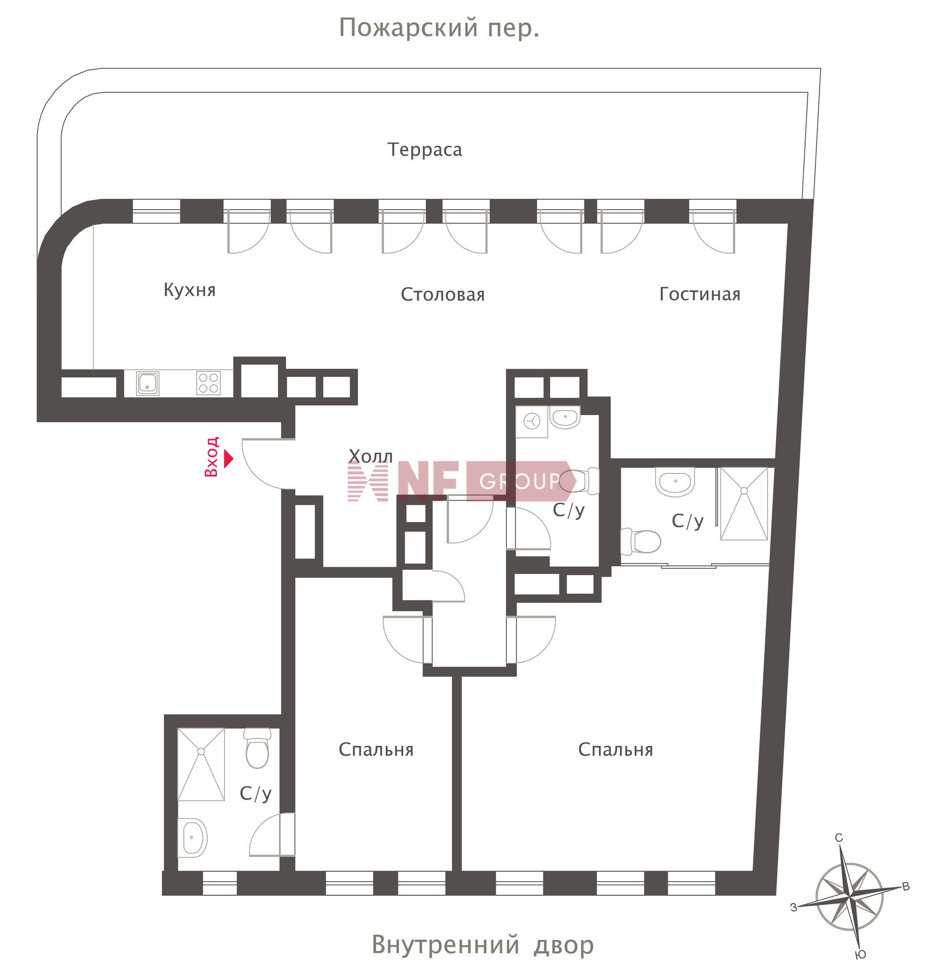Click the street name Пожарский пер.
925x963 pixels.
[x=439, y=28]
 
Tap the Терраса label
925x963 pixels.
[x=425, y=150]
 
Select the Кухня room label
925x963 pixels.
[x=190, y=290]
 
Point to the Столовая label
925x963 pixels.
[x=443, y=295]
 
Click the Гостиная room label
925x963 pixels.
[x=700, y=294]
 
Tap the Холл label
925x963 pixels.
[x=371, y=456]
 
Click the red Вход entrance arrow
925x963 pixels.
[x=228, y=459]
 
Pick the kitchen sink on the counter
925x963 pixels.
[x=147, y=383]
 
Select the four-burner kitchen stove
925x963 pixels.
[x=208, y=383]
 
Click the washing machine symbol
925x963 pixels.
[x=531, y=422]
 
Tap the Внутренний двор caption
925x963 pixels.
[x=482, y=944]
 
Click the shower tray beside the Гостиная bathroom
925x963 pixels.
[x=744, y=504]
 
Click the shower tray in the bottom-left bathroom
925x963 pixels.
[x=201, y=764]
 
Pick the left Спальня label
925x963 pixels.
[x=376, y=750]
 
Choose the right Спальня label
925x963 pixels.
[x=616, y=750]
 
